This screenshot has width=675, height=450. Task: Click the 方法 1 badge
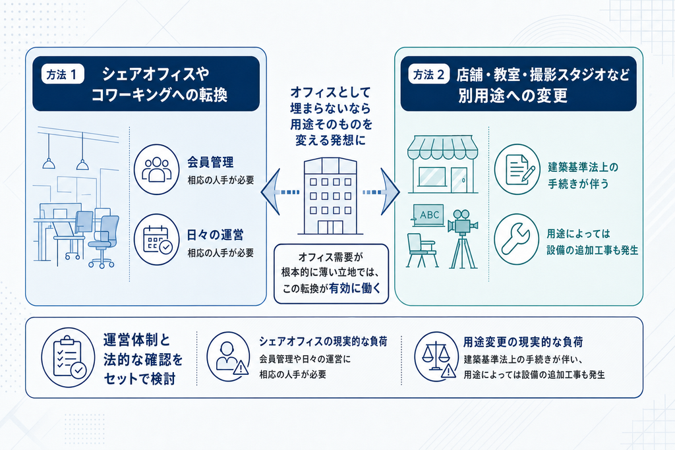tap(63, 74)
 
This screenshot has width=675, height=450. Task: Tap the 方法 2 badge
tap(428, 74)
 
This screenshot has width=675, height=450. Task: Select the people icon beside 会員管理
tap(156, 169)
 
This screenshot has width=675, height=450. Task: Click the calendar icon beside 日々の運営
tap(156, 239)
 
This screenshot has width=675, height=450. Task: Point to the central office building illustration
tap(330, 196)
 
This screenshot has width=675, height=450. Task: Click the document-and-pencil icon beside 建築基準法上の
tap(517, 169)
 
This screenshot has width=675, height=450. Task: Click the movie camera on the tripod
tap(463, 239)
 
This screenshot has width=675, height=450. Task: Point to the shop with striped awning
tap(442, 164)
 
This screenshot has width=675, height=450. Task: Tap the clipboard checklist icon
tap(68, 358)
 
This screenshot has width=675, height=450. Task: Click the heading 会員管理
tap(210, 162)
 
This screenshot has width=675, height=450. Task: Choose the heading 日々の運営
tap(216, 235)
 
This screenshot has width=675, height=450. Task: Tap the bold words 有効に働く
tap(355, 288)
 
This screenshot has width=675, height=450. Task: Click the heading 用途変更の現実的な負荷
tap(523, 342)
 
